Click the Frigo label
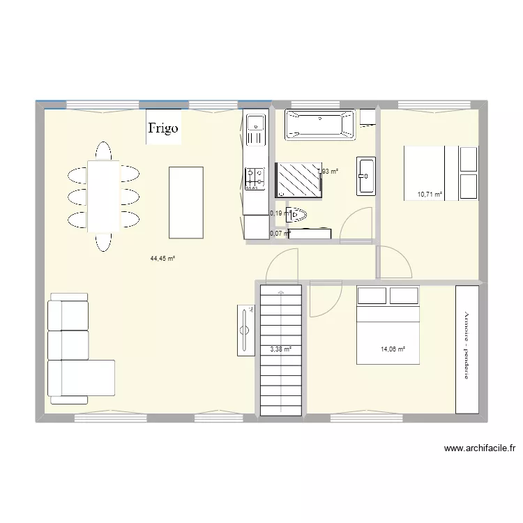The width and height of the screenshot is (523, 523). pyautogui.click(x=163, y=128)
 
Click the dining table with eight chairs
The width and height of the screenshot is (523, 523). pyautogui.click(x=103, y=196)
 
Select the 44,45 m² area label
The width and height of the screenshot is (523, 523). pyautogui.click(x=162, y=258)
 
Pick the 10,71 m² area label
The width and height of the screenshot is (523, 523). pyautogui.click(x=430, y=195)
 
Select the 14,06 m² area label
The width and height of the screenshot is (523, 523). pyautogui.click(x=393, y=349)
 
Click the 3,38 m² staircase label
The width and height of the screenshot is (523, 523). pyautogui.click(x=280, y=349)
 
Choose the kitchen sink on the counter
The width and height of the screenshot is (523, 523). pyautogui.click(x=256, y=126)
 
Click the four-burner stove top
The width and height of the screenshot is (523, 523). pyautogui.click(x=255, y=178)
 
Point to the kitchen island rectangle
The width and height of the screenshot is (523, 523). pyautogui.click(x=186, y=202)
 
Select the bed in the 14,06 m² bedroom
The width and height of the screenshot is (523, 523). pyautogui.click(x=388, y=325)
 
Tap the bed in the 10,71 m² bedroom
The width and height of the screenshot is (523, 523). pyautogui.click(x=425, y=172)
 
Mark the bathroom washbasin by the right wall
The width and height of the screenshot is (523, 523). pyautogui.click(x=365, y=176)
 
